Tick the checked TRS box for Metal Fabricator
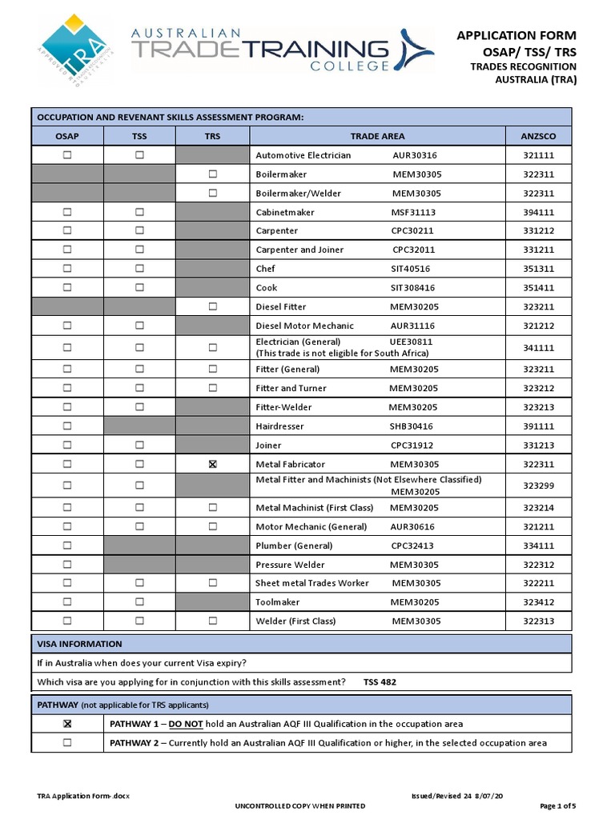pyautogui.click(x=212, y=464)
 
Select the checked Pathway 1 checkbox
pyautogui.click(x=67, y=724)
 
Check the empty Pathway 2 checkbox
pyautogui.click(x=67, y=743)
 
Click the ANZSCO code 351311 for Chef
pyautogui.click(x=539, y=269)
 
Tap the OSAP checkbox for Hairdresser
pyautogui.click(x=67, y=426)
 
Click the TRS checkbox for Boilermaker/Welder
pyautogui.click(x=212, y=193)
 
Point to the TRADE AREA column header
pyautogui.click(x=377, y=136)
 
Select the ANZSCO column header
pyautogui.click(x=538, y=136)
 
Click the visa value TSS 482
pyautogui.click(x=380, y=682)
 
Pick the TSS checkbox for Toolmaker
pyautogui.click(x=139, y=601)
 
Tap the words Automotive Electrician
pyautogui.click(x=303, y=155)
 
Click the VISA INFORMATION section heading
pyautogui.click(x=80, y=644)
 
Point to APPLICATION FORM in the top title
pyautogui.click(x=516, y=35)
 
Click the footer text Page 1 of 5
pyautogui.click(x=558, y=805)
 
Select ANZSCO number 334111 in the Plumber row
pyautogui.click(x=539, y=545)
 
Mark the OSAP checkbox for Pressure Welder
pyautogui.click(x=67, y=565)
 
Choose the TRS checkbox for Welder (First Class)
pyautogui.click(x=212, y=621)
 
